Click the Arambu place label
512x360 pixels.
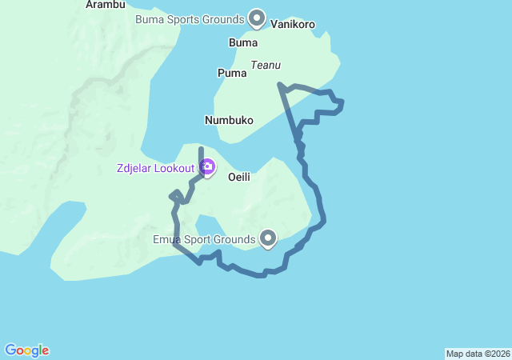106,5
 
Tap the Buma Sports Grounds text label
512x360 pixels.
190,18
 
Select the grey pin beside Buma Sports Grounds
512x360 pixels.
257,17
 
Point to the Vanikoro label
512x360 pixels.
293,25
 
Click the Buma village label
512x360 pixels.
243,42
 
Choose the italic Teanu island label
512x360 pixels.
266,65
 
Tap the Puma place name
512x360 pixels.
232,73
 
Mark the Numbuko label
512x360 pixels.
229,121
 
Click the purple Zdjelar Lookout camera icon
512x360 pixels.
207,167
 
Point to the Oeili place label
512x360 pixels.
239,177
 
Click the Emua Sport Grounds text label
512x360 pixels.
204,238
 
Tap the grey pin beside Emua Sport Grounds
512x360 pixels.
268,238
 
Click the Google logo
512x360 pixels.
26,350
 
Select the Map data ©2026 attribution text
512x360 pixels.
478,354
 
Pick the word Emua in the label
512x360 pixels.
166,238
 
